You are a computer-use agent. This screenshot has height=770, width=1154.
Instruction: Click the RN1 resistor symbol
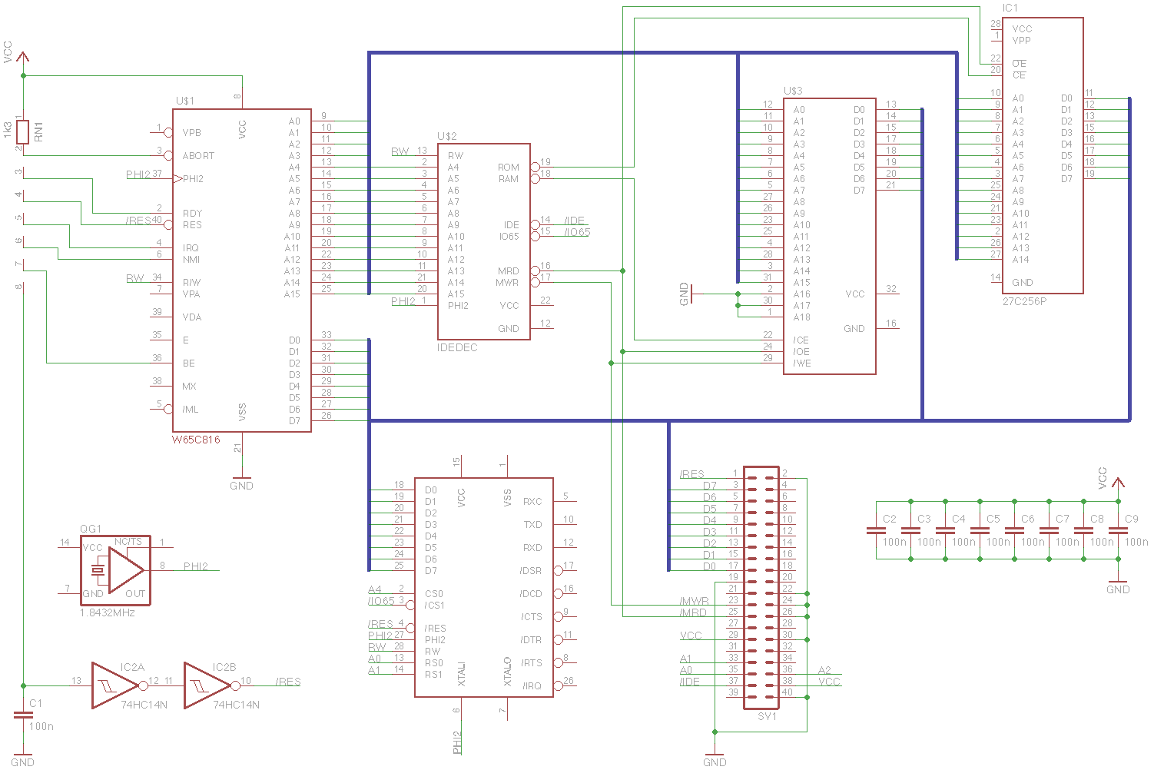point(23,131)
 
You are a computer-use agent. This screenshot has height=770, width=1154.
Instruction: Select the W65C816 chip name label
point(196,440)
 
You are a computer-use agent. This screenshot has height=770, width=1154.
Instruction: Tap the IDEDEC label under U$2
point(457,347)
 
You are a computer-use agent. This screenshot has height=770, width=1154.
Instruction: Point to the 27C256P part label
point(1024,301)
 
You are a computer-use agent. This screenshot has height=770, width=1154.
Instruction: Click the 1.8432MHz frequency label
point(108,612)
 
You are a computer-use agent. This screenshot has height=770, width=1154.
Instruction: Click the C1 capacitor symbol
point(23,715)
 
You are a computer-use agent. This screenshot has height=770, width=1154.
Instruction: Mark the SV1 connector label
point(767,716)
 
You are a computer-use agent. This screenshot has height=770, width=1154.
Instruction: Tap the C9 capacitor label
point(1131,519)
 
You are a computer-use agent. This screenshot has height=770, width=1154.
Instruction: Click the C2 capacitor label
point(889,519)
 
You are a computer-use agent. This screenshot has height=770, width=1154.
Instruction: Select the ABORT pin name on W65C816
point(198,156)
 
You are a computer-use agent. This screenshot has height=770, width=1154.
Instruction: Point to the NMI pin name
point(191,260)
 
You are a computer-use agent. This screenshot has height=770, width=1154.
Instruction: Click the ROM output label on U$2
point(508,168)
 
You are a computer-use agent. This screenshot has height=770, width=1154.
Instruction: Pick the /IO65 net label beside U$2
point(577,232)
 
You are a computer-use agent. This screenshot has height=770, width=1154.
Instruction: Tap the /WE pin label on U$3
point(801,363)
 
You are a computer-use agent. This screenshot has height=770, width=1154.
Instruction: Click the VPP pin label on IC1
point(1021,41)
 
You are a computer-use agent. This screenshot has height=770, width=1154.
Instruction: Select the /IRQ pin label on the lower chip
point(532,686)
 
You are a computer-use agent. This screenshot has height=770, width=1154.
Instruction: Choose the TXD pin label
point(532,525)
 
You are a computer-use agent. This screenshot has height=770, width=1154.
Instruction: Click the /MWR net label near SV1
point(694,601)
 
